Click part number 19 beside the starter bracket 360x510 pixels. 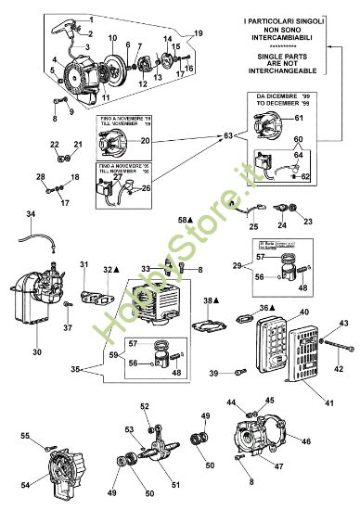pyautogui.click(x=197, y=32)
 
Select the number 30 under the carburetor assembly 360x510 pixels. pyautogui.click(x=36, y=352)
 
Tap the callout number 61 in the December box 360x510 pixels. pyautogui.click(x=299, y=118)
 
